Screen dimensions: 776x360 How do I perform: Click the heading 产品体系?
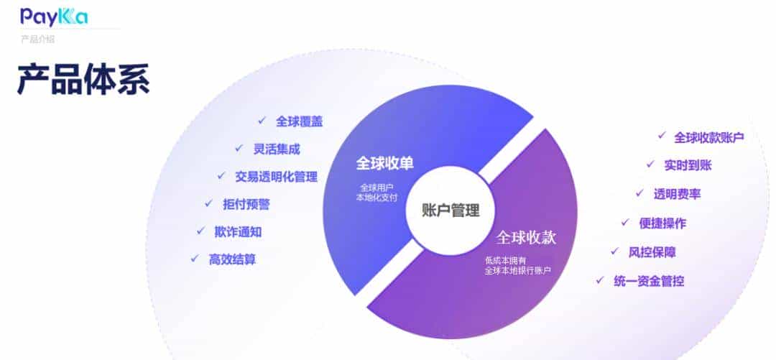pos(83,79)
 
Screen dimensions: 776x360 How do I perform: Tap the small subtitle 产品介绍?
pos(37,40)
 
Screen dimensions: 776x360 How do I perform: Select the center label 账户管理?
pos(451,210)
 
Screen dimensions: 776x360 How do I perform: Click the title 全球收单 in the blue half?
pos(385,163)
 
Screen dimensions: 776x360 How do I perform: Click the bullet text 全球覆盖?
pos(299,121)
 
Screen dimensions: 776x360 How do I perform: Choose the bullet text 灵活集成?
pos(277,149)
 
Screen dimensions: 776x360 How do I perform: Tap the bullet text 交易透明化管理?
pos(276,176)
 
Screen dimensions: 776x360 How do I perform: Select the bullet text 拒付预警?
pos(246,204)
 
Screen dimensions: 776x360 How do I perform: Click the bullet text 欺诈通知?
pos(238,231)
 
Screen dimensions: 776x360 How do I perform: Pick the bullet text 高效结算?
pos(232,259)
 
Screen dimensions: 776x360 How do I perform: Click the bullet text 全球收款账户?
pos(708,137)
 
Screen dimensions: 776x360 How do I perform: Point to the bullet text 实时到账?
pos(688,165)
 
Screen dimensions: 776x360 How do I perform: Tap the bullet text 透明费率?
pos(677,193)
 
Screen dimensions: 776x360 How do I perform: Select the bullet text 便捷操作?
pos(662,223)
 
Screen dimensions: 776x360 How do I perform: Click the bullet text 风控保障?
pos(652,251)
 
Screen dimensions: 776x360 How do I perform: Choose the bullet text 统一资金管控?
pos(649,281)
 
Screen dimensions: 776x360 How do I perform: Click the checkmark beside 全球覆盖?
pos(262,121)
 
